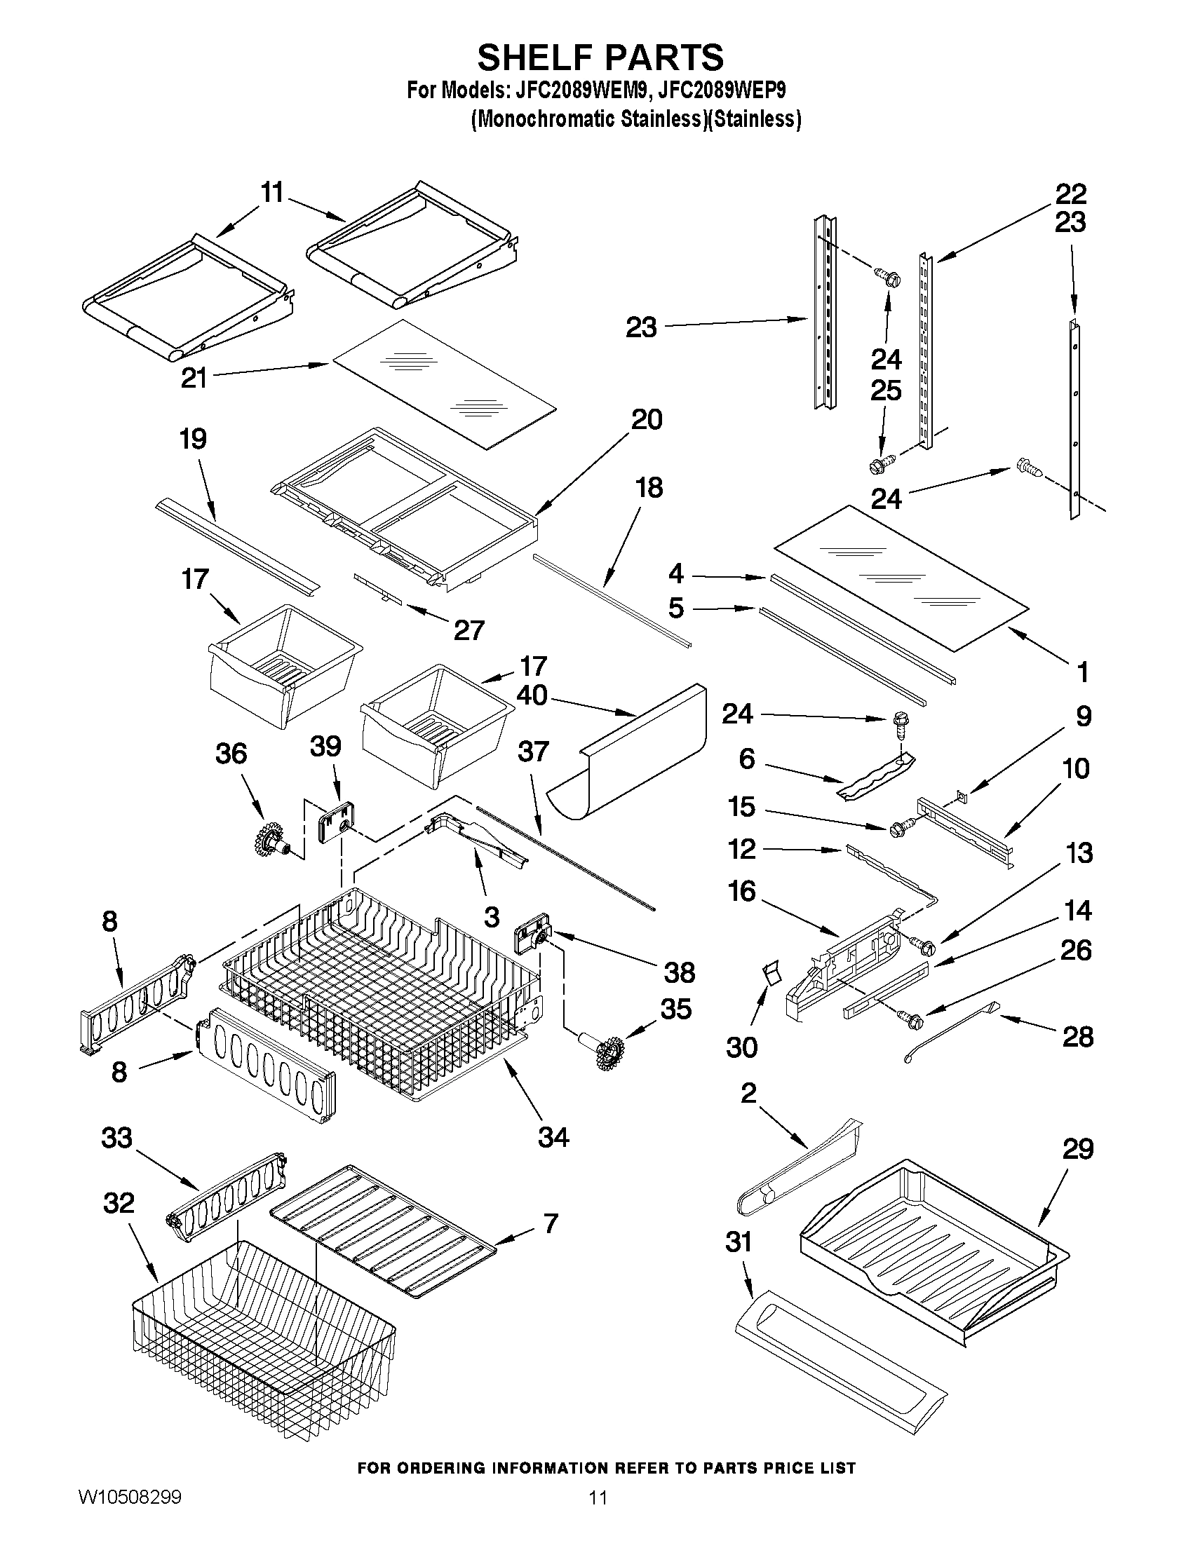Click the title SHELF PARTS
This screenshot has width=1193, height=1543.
pyautogui.click(x=600, y=57)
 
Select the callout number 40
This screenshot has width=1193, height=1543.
pyautogui.click(x=532, y=695)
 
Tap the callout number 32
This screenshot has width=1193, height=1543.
pyautogui.click(x=119, y=1202)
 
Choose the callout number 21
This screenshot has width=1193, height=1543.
pyautogui.click(x=194, y=377)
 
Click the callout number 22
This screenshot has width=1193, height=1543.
pyautogui.click(x=1071, y=193)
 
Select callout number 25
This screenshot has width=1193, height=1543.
pyautogui.click(x=886, y=390)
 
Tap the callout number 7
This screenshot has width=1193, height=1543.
pyautogui.click(x=551, y=1222)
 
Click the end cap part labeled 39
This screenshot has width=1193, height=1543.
pyautogui.click(x=336, y=822)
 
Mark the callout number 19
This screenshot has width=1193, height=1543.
pyautogui.click(x=193, y=439)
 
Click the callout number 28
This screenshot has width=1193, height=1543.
pyautogui.click(x=1078, y=1036)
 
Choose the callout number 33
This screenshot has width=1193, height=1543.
pyautogui.click(x=117, y=1138)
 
